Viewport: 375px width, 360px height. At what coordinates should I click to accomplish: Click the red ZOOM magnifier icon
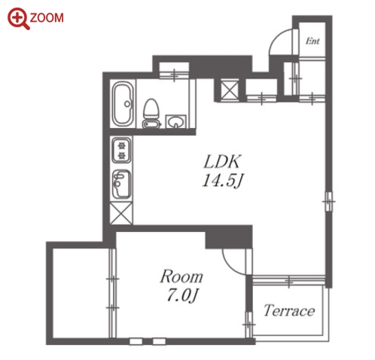point(18,18)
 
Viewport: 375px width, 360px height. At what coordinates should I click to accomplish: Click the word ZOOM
point(47,18)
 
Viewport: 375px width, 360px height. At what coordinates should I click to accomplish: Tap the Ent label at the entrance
point(312,41)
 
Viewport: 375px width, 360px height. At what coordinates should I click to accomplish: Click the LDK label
point(222,162)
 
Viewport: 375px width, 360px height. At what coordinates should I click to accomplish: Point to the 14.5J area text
point(223,180)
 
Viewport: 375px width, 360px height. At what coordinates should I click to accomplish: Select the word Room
point(181,276)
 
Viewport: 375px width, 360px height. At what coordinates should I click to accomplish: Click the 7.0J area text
point(183,295)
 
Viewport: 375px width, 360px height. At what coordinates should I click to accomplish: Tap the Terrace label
point(289,310)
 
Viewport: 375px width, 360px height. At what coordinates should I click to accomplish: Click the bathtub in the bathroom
point(123,104)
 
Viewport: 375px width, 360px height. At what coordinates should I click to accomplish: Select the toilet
point(151,113)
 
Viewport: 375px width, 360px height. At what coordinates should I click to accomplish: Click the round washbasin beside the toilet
point(175,122)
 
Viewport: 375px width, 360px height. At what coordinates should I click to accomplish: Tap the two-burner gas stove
point(121,150)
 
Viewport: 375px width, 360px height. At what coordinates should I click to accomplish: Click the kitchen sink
point(121,184)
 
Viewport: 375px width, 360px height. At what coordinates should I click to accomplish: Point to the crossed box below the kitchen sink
point(121,213)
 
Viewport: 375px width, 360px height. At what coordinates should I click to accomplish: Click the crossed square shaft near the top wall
point(230,90)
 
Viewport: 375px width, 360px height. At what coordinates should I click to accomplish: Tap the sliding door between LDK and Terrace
point(288,280)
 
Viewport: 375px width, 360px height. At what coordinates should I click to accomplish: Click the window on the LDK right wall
point(328,201)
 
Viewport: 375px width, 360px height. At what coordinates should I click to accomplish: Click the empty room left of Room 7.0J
point(81,293)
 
